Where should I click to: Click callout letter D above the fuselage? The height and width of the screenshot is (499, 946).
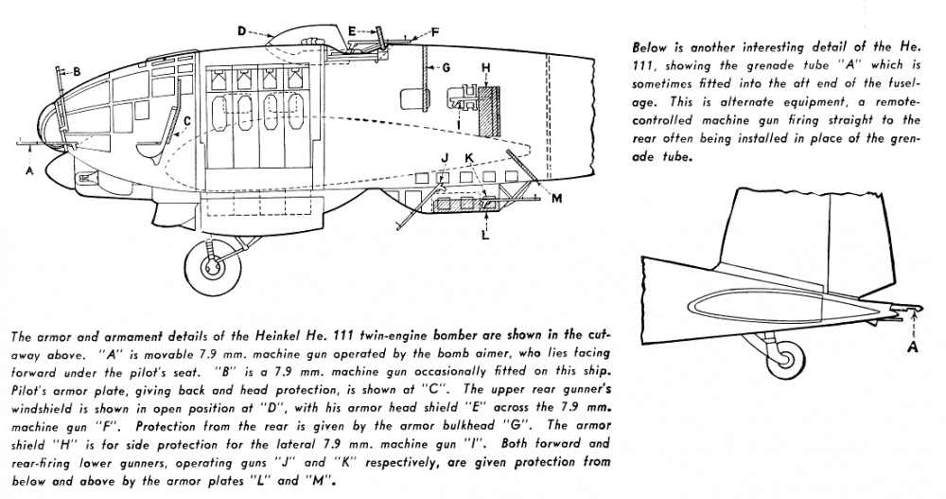pos(242,31)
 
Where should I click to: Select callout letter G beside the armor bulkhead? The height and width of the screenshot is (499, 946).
pos(445,68)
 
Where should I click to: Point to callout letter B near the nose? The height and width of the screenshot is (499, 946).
pos(77,70)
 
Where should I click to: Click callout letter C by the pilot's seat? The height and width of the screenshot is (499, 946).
pos(188,120)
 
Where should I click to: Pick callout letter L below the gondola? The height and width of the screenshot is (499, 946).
pos(484,235)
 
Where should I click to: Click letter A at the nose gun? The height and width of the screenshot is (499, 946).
pos(29,171)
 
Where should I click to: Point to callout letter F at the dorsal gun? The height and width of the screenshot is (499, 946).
pos(435,31)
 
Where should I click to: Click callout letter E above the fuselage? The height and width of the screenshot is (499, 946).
pos(351,30)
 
